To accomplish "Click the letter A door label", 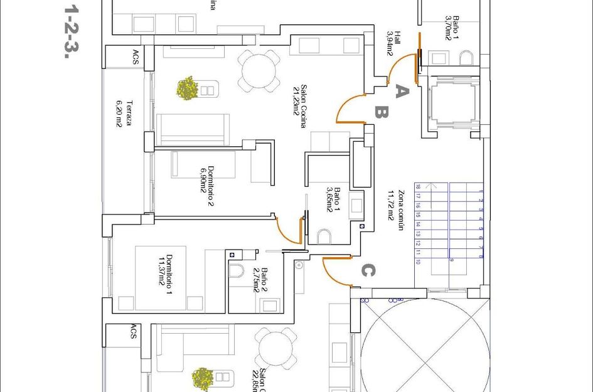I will [x=402, y=92].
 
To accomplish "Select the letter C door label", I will [x=368, y=271].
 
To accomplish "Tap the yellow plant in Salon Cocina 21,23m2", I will [x=188, y=88].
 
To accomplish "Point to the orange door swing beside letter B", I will [x=348, y=109].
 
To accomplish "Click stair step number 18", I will [x=417, y=186].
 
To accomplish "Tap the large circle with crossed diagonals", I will [x=425, y=346].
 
